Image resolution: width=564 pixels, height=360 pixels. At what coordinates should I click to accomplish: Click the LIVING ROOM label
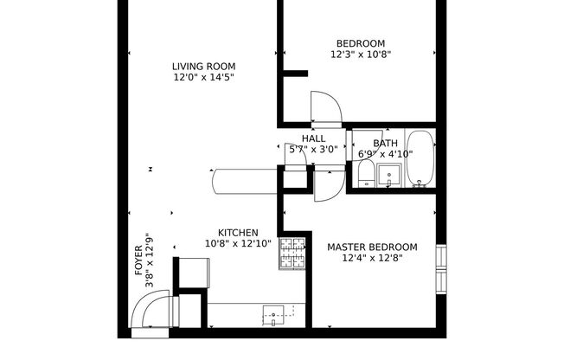coord(203,66)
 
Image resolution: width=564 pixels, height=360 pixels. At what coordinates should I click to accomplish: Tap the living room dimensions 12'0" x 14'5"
coord(203,77)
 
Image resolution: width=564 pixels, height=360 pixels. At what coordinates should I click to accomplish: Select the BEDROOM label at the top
coord(361,43)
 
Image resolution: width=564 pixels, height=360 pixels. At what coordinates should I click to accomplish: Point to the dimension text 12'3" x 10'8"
coord(361,55)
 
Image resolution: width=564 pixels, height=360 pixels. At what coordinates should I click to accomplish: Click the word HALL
coord(313,138)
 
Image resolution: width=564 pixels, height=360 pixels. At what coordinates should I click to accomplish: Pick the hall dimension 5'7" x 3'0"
coord(313,150)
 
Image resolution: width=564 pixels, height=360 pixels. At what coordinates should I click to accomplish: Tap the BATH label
coord(385,144)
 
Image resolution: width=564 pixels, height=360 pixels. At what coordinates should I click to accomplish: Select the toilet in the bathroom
coord(365,172)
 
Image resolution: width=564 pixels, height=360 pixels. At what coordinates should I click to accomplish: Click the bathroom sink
coord(388,176)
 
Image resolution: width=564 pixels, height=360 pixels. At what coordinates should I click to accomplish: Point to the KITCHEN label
coord(238,233)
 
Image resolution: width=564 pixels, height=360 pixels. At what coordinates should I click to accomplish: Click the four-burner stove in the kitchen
coord(292,254)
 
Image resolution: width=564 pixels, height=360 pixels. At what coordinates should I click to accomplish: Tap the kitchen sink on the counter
coord(273,315)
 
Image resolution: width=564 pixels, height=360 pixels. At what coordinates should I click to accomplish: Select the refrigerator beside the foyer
coord(191,273)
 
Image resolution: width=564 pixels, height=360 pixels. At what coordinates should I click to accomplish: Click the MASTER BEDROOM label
coord(372,247)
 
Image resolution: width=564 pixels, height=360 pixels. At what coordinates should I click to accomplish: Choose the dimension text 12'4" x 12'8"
coord(372,259)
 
